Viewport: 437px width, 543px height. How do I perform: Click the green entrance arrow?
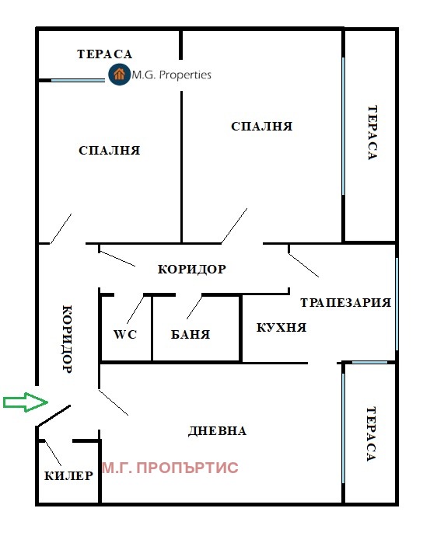pyautogui.click(x=26, y=402)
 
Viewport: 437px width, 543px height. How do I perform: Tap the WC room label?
pyautogui.click(x=125, y=335)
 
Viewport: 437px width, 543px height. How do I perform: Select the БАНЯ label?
pyautogui.click(x=191, y=335)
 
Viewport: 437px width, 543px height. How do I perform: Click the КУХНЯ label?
pyautogui.click(x=281, y=328)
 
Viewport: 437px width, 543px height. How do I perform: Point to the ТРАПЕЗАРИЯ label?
pyautogui.click(x=345, y=303)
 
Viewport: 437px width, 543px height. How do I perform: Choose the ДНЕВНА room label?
pyautogui.click(x=217, y=431)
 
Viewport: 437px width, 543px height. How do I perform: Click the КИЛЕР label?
pyautogui.click(x=68, y=476)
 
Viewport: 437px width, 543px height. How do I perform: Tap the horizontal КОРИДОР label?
pyautogui.click(x=192, y=269)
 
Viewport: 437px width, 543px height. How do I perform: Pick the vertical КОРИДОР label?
pyautogui.click(x=67, y=339)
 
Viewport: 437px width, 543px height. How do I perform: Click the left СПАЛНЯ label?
pyautogui.click(x=110, y=150)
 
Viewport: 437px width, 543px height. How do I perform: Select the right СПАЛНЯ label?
pyautogui.click(x=261, y=127)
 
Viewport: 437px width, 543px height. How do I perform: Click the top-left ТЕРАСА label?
pyautogui.click(x=105, y=54)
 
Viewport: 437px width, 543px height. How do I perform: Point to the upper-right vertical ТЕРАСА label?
pyautogui.click(x=372, y=133)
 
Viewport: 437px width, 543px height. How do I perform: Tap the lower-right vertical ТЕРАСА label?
pyautogui.click(x=371, y=434)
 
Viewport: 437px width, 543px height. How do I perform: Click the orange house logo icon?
pyautogui.click(x=119, y=74)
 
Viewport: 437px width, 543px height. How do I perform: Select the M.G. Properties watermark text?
pyautogui.click(x=172, y=75)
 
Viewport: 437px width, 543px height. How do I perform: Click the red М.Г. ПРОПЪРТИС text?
pyautogui.click(x=170, y=468)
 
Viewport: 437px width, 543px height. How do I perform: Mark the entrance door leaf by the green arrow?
pyautogui.click(x=54, y=416)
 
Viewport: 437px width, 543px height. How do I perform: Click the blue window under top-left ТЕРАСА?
pyautogui.click(x=78, y=80)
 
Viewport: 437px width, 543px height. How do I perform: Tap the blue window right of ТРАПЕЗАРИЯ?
pyautogui.click(x=397, y=304)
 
